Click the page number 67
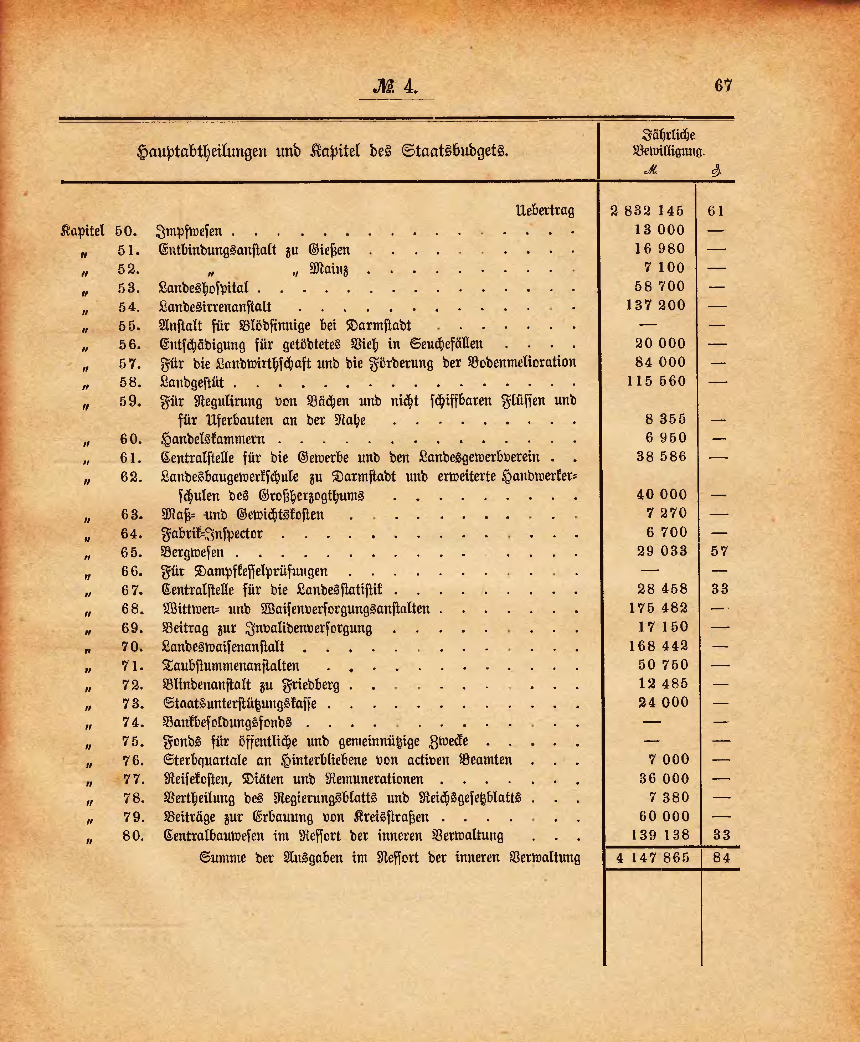click(723, 86)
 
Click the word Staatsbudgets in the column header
click(455, 150)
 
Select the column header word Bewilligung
click(668, 150)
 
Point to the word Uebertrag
click(545, 211)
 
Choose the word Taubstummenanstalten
click(231, 666)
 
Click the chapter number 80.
click(133, 836)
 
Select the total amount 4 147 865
click(653, 858)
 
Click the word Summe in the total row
click(222, 858)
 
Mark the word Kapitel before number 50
click(82, 231)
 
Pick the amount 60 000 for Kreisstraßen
click(664, 817)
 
